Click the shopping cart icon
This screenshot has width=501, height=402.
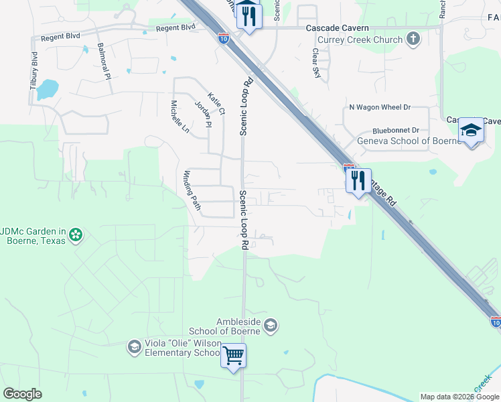234,355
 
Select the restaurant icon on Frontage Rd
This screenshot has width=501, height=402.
358,180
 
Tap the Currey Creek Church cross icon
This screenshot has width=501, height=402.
413,40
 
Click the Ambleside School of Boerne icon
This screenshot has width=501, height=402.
271,326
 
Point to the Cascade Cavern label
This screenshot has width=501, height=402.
337,27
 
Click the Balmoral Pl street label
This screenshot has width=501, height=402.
104,62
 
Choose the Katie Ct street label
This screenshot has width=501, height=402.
216,103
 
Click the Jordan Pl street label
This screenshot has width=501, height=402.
203,114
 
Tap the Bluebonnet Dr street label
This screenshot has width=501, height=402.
395,131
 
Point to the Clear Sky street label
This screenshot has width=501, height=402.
316,63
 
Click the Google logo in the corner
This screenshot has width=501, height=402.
22,394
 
